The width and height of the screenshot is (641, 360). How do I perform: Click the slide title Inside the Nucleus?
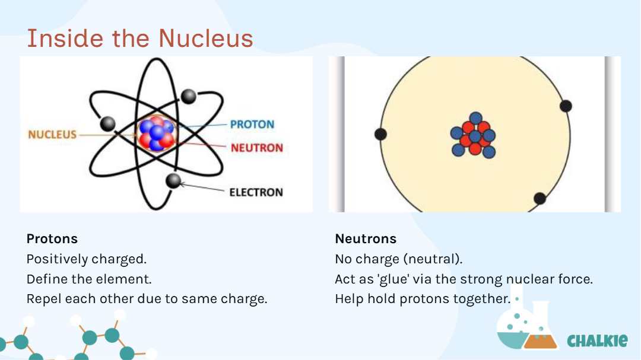pos(140,39)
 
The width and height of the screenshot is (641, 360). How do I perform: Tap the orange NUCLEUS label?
pos(52,135)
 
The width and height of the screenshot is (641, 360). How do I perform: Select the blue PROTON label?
pos(252,124)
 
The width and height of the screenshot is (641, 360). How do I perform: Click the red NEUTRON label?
pos(257,148)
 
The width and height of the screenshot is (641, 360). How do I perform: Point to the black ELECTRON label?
pos(256,192)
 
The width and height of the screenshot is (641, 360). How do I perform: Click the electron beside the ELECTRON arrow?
pos(173,181)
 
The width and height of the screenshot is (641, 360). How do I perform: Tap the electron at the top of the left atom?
pos(189,97)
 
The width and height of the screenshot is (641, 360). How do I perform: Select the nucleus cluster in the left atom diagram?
pos(157,133)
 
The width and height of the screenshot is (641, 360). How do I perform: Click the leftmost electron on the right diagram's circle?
pos(380,134)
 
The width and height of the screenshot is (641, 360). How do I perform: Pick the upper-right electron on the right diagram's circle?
pos(566,106)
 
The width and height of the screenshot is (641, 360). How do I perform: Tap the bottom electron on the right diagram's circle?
pos(540,199)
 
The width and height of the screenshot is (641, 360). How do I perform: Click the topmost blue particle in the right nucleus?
pos(475,118)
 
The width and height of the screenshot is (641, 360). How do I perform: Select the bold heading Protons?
pos(52,238)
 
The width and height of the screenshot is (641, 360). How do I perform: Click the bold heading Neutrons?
pos(366,238)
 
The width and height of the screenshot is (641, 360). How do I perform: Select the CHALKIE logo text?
pos(597,340)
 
